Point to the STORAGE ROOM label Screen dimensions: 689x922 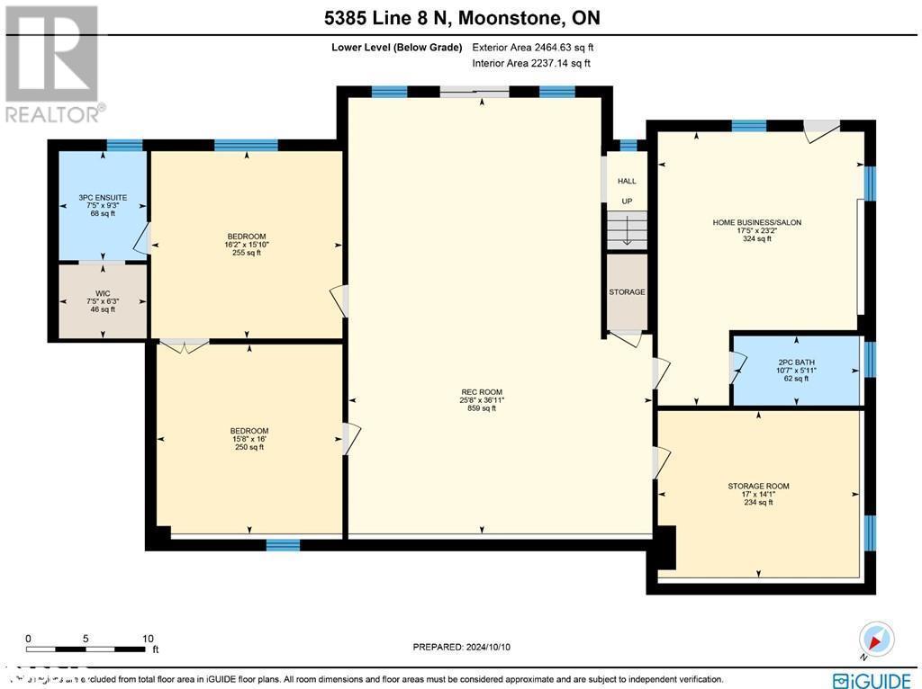(x=758, y=486)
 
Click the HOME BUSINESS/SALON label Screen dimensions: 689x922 (x=756, y=221)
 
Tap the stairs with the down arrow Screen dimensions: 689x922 (x=628, y=229)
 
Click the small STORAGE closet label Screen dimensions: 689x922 (x=627, y=292)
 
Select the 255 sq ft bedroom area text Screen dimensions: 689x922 (x=246, y=253)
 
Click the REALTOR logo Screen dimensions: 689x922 (x=52, y=63)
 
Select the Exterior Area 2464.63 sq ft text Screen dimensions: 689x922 (x=533, y=48)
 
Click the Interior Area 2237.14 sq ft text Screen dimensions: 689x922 (x=531, y=63)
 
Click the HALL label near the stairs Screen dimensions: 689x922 (x=627, y=181)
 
